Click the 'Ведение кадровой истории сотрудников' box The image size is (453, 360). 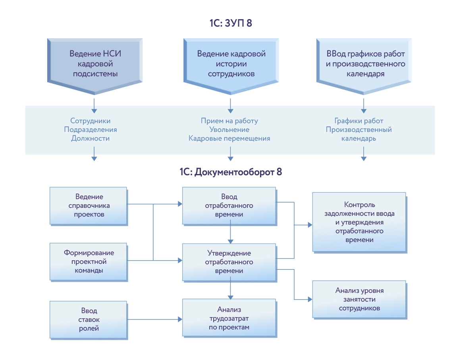point(231,64)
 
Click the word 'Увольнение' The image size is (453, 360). point(229,130)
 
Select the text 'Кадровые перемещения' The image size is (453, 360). point(229,138)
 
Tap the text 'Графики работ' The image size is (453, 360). point(359,121)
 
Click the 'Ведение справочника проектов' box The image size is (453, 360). point(89,205)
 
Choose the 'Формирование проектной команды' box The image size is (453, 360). point(89,261)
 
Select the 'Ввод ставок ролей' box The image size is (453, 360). point(89,319)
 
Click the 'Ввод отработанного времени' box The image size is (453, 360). point(229,205)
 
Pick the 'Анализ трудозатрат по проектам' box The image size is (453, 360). point(229,318)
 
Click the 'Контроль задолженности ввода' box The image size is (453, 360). point(359,222)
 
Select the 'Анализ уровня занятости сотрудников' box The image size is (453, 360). point(359,299)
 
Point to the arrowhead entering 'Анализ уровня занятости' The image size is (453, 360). point(310,299)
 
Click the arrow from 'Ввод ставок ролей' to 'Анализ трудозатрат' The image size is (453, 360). point(155,319)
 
